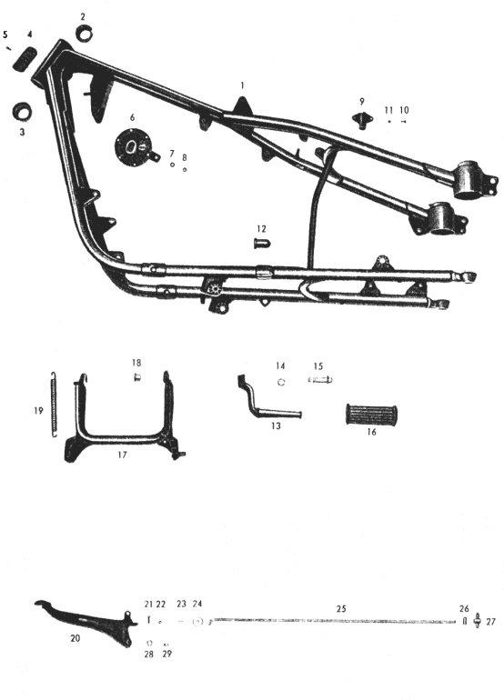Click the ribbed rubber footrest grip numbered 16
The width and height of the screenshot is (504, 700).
(371, 415)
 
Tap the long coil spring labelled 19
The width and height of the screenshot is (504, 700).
(54, 404)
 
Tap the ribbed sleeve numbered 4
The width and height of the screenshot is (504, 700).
(26, 58)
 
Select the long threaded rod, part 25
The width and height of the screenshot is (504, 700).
(332, 621)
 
